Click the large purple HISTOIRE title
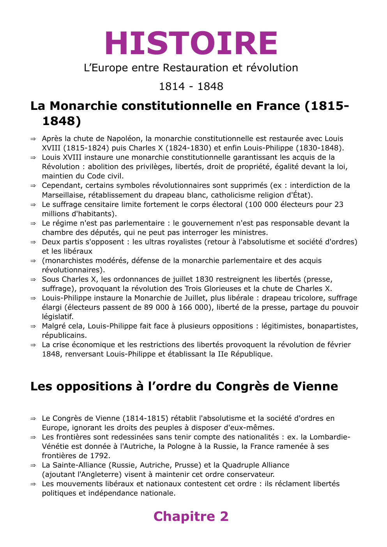click(x=191, y=43)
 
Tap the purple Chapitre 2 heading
click(x=191, y=516)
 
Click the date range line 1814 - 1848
click(x=191, y=86)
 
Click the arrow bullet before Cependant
click(x=33, y=186)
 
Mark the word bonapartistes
click(x=332, y=326)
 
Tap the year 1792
click(x=99, y=456)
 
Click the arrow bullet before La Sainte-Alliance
click(x=33, y=466)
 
